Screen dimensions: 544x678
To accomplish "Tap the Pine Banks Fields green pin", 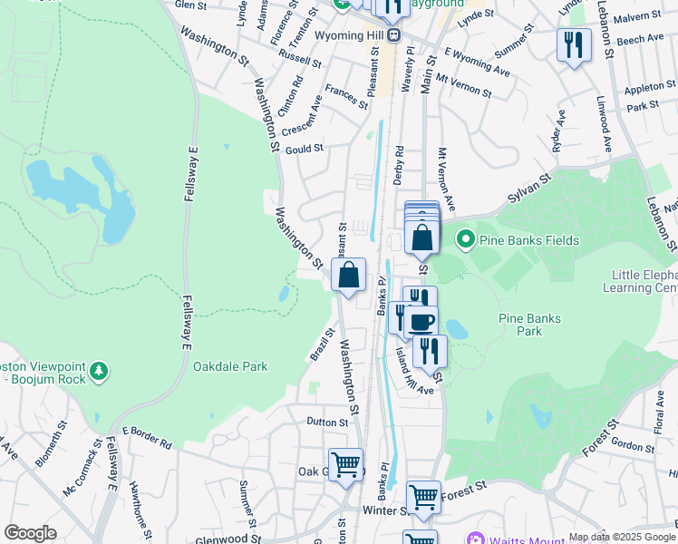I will pos(466,239).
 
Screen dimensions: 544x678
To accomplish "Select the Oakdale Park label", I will pos(230,366).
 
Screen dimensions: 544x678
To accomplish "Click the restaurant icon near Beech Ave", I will pos(573,44).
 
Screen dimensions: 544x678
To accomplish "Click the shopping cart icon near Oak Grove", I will pos(345,464).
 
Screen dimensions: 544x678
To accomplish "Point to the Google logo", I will pos(30,533).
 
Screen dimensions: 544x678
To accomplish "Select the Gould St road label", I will pos(305,148).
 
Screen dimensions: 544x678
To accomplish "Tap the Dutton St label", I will pos(327,422).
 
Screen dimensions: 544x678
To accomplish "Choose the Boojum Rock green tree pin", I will pos(99,371).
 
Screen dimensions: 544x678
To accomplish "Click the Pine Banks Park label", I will pos(529,325).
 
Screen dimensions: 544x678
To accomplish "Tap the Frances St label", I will pos(346,96).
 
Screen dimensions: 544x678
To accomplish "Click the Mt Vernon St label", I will pos(462,85).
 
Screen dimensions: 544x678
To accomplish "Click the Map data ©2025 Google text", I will pos(621,537).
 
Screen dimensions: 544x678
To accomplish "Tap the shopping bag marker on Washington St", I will pos(348,275).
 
